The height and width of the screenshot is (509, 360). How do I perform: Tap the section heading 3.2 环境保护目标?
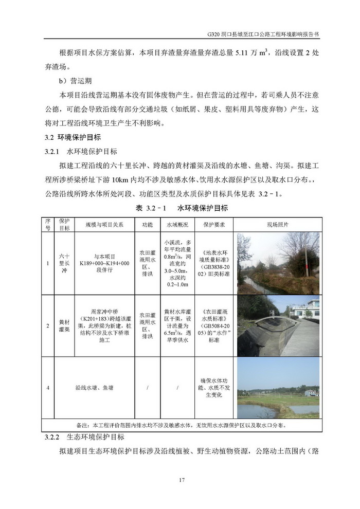point(72,138)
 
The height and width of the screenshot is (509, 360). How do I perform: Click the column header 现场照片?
point(278,225)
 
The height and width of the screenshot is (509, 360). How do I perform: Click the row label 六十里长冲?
point(64,263)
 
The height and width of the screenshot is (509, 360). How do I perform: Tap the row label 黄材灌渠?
point(64,325)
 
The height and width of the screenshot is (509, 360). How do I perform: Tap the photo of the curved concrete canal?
point(278,325)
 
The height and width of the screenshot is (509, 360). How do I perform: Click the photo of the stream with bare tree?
point(278,263)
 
